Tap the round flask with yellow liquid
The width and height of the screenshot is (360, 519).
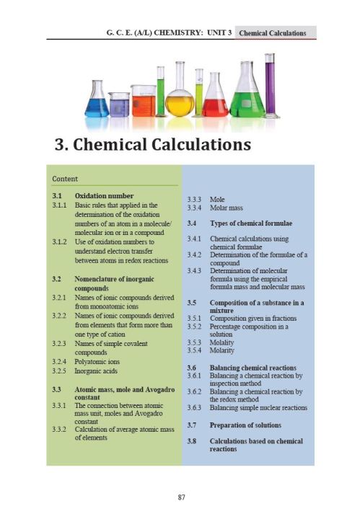[x=180, y=101]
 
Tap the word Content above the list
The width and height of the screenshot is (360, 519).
[x=65, y=179]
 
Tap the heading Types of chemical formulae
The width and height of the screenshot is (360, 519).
[x=250, y=222]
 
